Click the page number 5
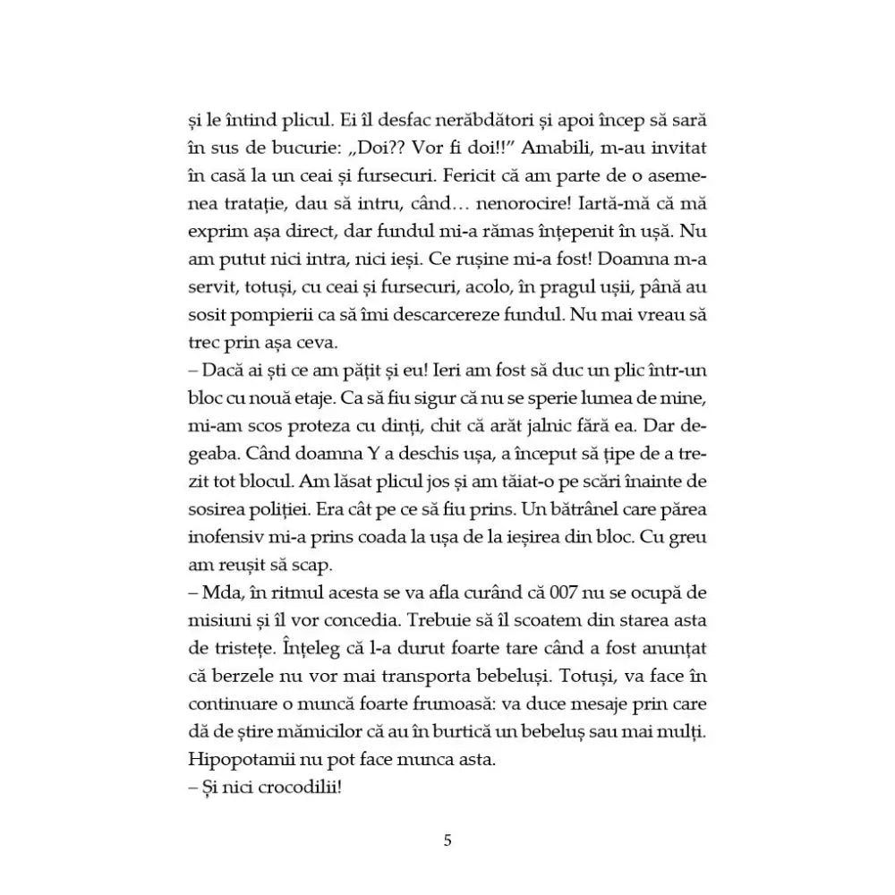pos(447,840)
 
